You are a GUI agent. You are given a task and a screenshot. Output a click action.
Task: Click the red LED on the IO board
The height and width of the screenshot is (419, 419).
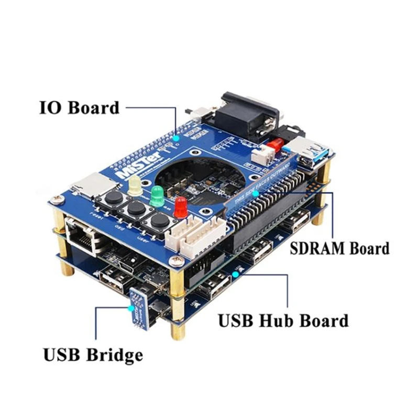click(x=181, y=207)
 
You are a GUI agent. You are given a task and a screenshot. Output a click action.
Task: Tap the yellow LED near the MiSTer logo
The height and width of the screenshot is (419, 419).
click(x=135, y=184)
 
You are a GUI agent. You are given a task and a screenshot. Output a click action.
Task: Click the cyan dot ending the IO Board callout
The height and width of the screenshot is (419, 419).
click(x=176, y=138)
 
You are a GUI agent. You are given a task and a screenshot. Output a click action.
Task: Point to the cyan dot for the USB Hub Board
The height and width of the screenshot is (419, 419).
click(x=236, y=273)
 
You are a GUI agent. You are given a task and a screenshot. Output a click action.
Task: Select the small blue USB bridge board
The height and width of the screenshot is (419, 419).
click(x=140, y=310)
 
